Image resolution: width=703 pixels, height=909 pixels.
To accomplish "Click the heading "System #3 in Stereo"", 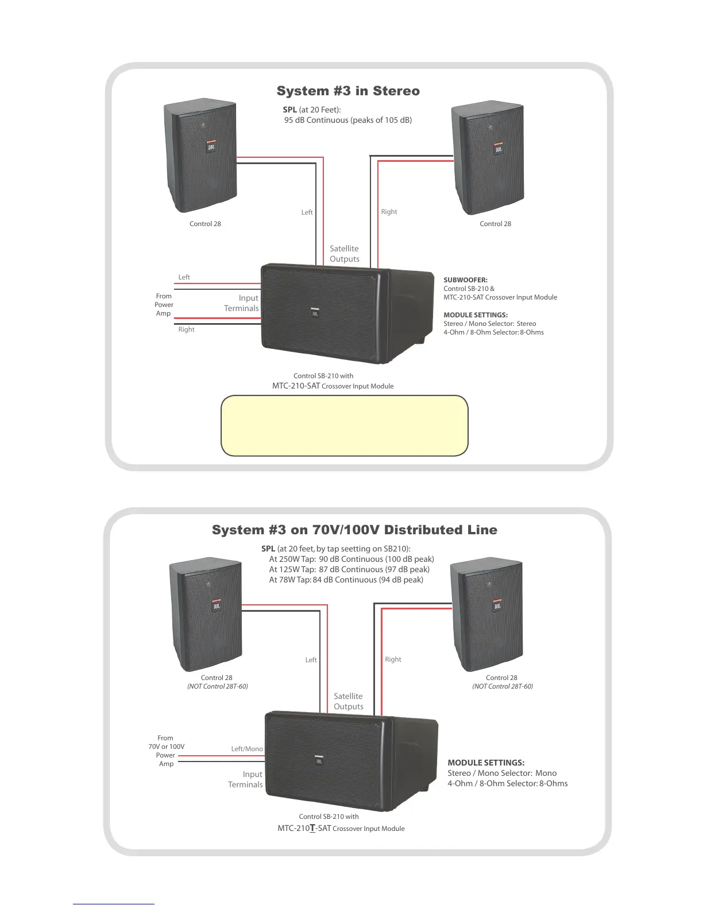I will click(x=348, y=91).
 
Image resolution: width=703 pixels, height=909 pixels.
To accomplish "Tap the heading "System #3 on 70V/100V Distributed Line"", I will click(x=354, y=530).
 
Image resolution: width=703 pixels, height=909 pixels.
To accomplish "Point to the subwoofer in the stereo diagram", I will click(x=345, y=313).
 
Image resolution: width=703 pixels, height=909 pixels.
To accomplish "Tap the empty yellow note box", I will click(x=345, y=425).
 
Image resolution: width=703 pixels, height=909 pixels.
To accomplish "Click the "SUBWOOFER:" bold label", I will click(x=465, y=280).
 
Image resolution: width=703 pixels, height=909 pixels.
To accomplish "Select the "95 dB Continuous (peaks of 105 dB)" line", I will click(x=348, y=121).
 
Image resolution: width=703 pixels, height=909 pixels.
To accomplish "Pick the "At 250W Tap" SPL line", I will click(x=351, y=559).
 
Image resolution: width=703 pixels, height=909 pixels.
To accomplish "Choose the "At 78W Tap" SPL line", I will click(x=346, y=580).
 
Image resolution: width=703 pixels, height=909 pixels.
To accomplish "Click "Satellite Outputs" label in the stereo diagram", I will click(x=345, y=254).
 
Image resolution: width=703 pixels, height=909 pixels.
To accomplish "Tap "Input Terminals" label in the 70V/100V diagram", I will click(x=246, y=779).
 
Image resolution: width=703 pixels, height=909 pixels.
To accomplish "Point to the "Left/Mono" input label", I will click(x=247, y=749).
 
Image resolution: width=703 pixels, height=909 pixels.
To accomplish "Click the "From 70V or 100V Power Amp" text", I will click(x=166, y=751).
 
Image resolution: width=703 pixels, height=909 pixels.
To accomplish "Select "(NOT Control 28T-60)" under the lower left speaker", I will click(x=218, y=686).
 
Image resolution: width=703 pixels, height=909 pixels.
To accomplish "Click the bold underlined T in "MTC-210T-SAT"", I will click(x=312, y=828).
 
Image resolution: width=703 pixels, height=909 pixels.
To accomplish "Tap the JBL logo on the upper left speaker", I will click(x=211, y=147).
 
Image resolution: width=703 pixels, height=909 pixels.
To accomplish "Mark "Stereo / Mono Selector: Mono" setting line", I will click(x=502, y=773).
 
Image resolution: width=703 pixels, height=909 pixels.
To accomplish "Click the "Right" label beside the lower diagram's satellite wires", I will click(x=393, y=659).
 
